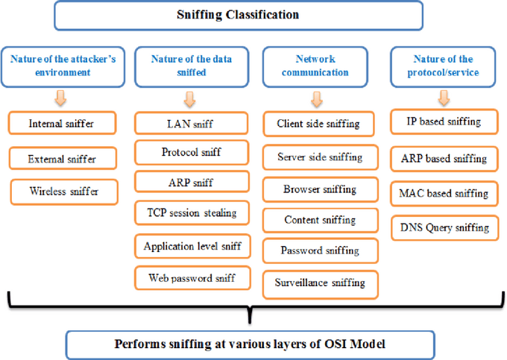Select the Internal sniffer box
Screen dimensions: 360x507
click(63, 124)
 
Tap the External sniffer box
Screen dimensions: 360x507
click(63, 158)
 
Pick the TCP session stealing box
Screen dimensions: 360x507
click(191, 212)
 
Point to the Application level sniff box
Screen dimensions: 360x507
click(192, 245)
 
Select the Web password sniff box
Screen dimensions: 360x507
click(192, 278)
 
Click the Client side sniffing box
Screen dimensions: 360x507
click(318, 124)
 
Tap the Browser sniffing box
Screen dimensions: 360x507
click(319, 189)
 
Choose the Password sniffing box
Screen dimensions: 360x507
click(320, 250)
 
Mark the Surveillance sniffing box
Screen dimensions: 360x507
click(320, 282)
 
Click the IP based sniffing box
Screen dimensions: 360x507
click(443, 121)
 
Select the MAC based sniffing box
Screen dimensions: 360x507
click(443, 193)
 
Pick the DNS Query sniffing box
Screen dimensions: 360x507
click(443, 227)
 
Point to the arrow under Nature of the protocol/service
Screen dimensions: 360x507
click(444, 98)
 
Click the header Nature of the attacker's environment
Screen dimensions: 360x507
click(63, 66)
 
